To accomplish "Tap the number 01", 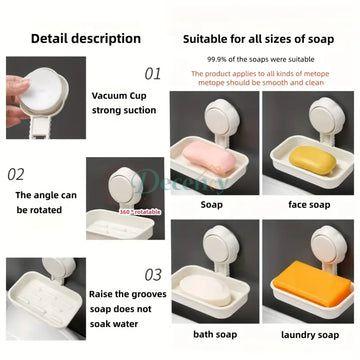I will (x=152, y=73).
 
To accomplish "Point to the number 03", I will (x=152, y=274).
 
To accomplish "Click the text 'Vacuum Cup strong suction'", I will (x=124, y=104).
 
